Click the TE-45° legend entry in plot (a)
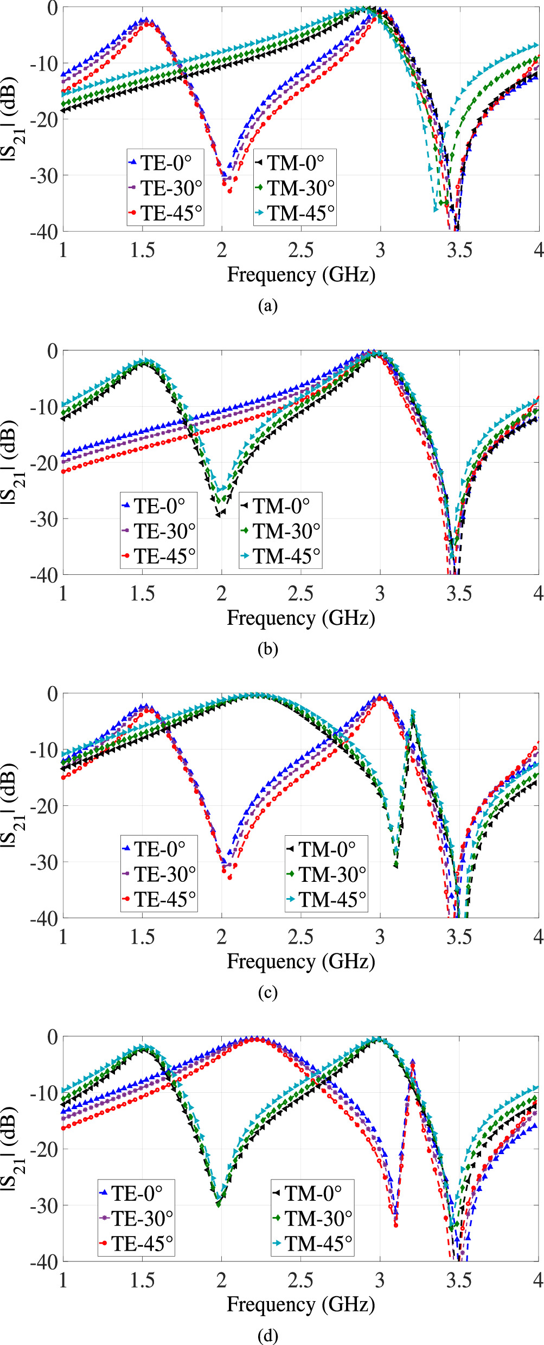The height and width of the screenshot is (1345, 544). pyautogui.click(x=165, y=213)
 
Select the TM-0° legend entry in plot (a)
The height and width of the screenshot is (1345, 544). pyautogui.click(x=295, y=163)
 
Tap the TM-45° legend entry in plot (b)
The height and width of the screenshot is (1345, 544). pyautogui.click(x=280, y=556)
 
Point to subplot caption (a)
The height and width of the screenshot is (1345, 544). pyautogui.click(x=268, y=306)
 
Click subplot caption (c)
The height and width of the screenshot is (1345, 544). pyautogui.click(x=268, y=992)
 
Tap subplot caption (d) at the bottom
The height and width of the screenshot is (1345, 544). pyautogui.click(x=268, y=1335)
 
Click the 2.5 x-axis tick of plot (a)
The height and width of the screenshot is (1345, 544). pyautogui.click(x=300, y=250)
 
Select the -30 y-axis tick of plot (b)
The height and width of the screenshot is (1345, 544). pyautogui.click(x=44, y=519)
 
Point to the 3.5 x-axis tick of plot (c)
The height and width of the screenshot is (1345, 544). pyautogui.click(x=459, y=936)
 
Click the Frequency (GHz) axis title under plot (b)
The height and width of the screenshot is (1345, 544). pyautogui.click(x=300, y=618)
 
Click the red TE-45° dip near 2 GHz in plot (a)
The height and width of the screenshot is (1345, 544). pyautogui.click(x=229, y=191)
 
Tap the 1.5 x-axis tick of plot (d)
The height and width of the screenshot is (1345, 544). pyautogui.click(x=142, y=1280)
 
